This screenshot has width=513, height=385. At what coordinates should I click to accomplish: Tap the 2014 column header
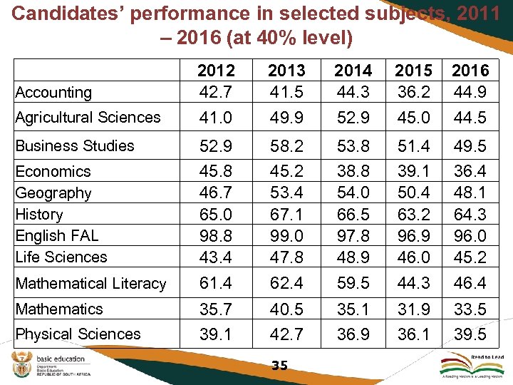pos(353,71)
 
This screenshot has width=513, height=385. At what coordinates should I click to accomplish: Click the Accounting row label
pos(53,93)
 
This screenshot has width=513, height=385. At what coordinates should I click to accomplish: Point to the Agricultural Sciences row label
pos(88,117)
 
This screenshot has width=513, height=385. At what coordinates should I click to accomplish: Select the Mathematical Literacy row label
pos(90,283)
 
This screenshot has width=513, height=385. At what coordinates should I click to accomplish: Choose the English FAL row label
pos(56,235)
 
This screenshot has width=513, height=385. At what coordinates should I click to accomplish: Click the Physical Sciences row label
pos(78,334)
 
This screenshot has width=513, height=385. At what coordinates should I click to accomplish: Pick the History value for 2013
pos(286,214)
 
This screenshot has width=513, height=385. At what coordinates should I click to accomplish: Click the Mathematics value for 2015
pos(413,309)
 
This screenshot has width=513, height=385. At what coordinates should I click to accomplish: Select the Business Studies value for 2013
pos(286,145)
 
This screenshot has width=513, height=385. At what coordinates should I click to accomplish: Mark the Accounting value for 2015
pos(413,92)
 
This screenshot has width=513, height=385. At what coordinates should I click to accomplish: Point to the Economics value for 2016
pos(470,171)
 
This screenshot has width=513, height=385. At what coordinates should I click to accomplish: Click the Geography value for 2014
pos(353,192)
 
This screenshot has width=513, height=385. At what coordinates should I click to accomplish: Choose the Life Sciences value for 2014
pos(353,257)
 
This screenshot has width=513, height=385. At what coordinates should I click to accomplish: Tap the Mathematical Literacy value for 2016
pos(470,283)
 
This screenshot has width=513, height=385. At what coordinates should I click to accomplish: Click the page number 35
pos(279,366)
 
